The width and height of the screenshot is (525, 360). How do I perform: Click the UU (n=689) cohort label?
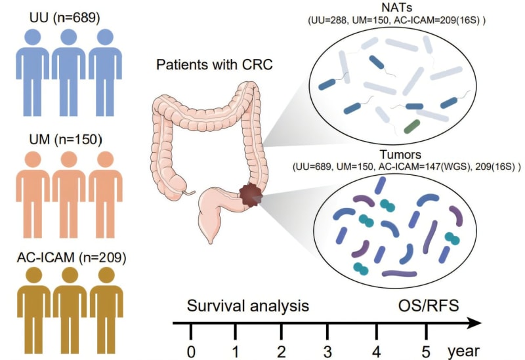point(55,18)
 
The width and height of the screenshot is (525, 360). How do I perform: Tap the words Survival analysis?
point(247,305)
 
